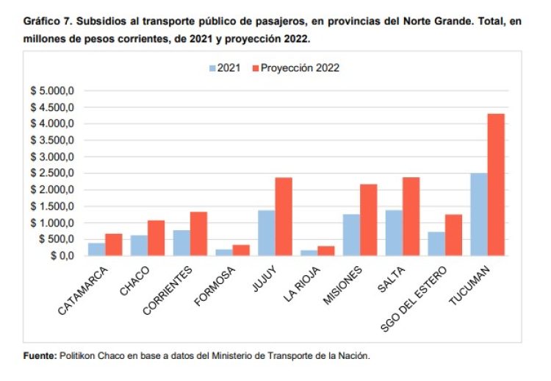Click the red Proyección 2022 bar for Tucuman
tap(495, 185)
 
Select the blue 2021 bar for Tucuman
tap(478, 214)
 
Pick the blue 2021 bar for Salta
tap(393, 232)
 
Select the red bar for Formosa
tap(240, 250)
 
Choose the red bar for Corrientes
tap(198, 233)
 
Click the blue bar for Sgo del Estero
tap(435, 243)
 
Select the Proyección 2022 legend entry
tap(295, 68)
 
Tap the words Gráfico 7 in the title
tap(48, 22)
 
